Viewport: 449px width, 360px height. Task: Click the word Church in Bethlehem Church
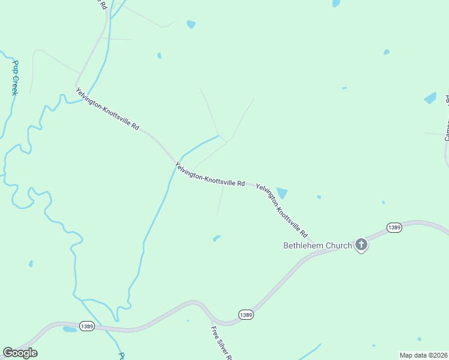click(x=339, y=245)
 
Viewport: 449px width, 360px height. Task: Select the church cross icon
click(x=361, y=244)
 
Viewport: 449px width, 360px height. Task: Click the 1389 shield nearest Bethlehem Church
click(x=394, y=227)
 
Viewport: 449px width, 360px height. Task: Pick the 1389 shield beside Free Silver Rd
click(x=246, y=314)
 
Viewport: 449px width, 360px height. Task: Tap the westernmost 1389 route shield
click(x=86, y=326)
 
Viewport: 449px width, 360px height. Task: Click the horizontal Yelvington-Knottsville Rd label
click(x=210, y=174)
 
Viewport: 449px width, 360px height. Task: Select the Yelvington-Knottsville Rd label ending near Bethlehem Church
click(x=282, y=210)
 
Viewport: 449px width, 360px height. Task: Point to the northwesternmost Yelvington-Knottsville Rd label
click(x=107, y=110)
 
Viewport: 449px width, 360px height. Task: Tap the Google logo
click(x=20, y=353)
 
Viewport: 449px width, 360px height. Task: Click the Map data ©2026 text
click(x=423, y=355)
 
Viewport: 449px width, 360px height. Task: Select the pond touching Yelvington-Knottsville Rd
click(x=281, y=193)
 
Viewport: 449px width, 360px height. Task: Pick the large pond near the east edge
click(x=430, y=98)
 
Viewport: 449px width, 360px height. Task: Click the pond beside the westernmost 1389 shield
click(x=70, y=329)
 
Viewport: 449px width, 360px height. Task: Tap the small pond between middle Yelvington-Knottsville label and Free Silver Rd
click(x=217, y=238)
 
